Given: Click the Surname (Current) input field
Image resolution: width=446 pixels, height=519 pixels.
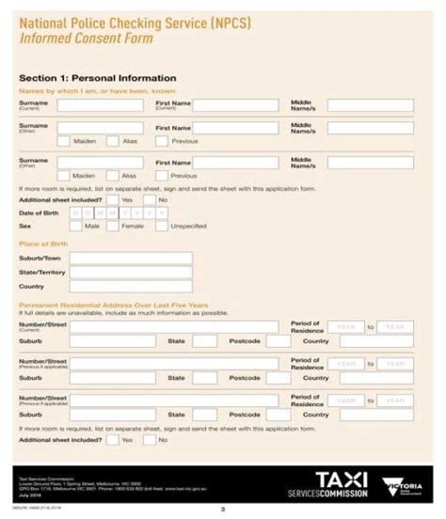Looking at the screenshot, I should tap(100, 104).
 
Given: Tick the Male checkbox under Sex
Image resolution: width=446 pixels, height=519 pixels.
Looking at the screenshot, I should tap(76, 227).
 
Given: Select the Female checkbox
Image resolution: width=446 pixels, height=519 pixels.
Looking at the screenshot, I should tap(113, 227).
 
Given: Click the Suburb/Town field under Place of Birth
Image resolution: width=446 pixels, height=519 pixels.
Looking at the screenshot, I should tap(131, 258).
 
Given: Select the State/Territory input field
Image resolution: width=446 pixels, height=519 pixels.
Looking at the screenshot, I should tap(131, 272).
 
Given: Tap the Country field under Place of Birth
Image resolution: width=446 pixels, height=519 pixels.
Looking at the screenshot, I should tap(131, 286).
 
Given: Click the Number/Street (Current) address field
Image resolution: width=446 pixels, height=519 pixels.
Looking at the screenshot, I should tap(180, 326).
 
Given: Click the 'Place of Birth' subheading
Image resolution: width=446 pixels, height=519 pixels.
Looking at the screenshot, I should tap(43, 244).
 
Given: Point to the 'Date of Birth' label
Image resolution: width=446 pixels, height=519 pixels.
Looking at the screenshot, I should tap(39, 213).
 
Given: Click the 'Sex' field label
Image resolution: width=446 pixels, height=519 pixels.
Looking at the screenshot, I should tap(25, 227).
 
